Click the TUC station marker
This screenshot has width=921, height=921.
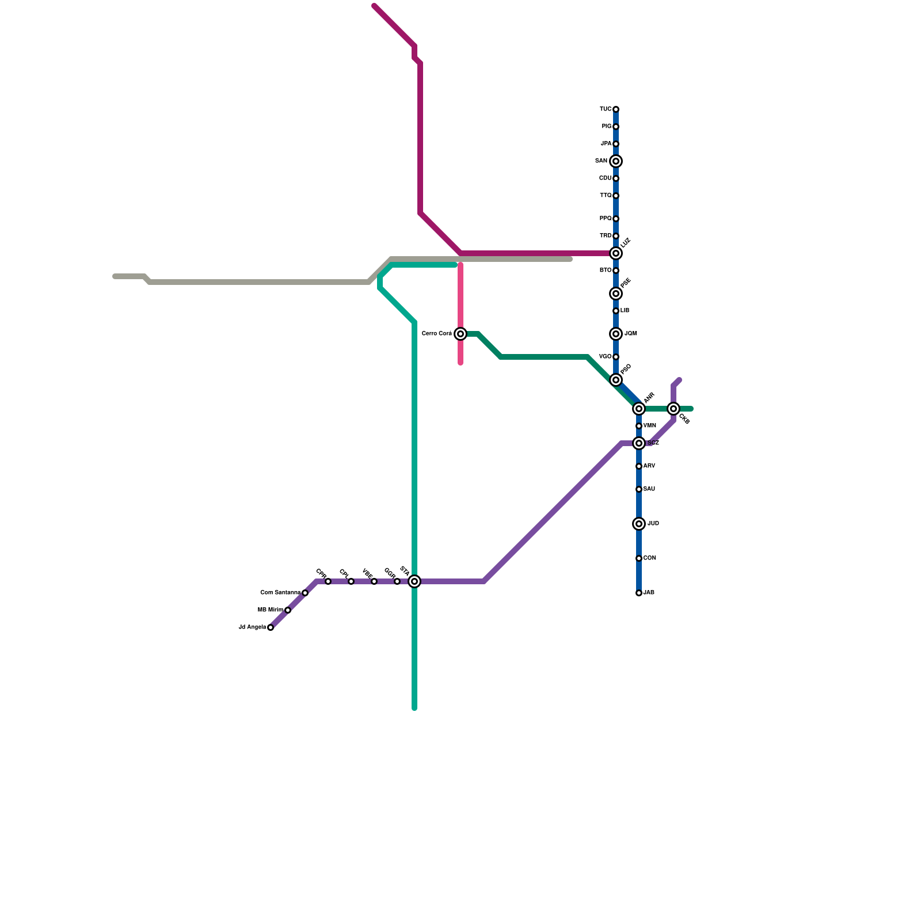coord(616,109)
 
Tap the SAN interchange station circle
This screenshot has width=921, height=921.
coord(616,161)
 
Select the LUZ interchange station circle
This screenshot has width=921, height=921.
coord(616,253)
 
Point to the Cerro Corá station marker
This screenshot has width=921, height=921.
coord(461,334)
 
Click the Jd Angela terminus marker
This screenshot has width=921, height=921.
coord(271,627)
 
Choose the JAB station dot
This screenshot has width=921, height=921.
coord(639,593)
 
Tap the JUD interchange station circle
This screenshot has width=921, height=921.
coord(639,524)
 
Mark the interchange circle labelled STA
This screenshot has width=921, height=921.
coord(414,581)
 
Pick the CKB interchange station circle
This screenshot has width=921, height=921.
coord(673,409)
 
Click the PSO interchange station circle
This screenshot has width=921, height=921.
coord(616,380)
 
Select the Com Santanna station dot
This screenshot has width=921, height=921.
coord(305,593)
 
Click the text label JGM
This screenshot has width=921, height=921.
coord(631,334)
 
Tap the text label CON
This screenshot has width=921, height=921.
coord(650,558)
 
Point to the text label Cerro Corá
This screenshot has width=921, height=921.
coord(437,334)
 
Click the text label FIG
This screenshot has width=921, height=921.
coord(606,127)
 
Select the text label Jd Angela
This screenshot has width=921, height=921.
coord(252,627)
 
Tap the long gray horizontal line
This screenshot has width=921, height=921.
coord(259,282)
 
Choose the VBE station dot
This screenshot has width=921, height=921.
coord(374,581)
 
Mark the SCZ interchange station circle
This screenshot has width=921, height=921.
coord(639,443)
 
